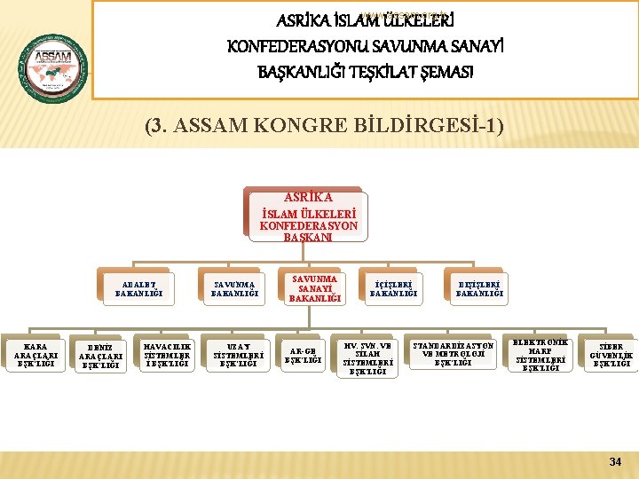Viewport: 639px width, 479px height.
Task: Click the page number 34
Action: pos(615,461)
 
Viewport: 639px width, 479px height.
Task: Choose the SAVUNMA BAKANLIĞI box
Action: pos(233,289)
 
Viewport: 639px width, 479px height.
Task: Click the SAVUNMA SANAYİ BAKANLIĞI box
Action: pos(314,288)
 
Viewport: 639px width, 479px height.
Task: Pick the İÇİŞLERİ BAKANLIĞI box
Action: pos(390,289)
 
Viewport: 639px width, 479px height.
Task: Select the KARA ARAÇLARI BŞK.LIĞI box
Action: pos(35,354)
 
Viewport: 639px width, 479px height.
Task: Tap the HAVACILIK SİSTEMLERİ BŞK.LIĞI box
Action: pos(166,354)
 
